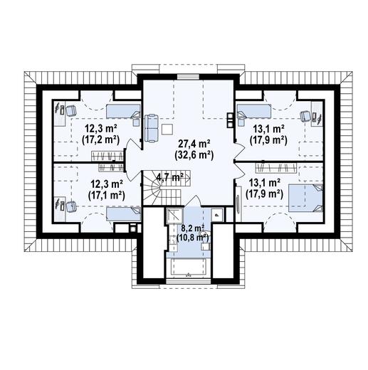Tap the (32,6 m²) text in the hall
click(x=194, y=155)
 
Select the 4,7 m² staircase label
click(x=170, y=176)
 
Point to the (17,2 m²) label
click(x=100, y=139)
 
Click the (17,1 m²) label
click(x=107, y=196)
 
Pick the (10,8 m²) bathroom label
click(x=192, y=237)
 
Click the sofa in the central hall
click(x=152, y=128)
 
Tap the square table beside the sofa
click(x=167, y=129)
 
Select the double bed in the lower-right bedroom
click(x=305, y=198)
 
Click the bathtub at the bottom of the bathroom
click(x=188, y=267)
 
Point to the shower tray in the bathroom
click(x=174, y=216)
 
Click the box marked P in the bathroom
click(x=217, y=215)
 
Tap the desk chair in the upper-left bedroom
click(x=71, y=110)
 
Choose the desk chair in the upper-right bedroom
click(x=305, y=116)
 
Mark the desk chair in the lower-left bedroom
click(x=71, y=206)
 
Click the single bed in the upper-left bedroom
click(x=123, y=111)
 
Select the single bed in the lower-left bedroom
click(x=123, y=214)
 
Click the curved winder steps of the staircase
click(x=152, y=189)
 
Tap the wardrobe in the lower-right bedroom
click(x=276, y=168)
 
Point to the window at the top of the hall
click(x=188, y=77)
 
